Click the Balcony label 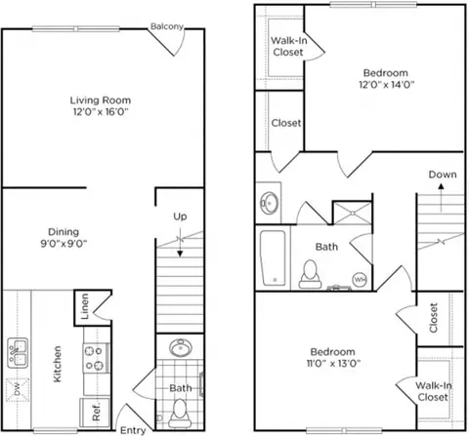point(167,26)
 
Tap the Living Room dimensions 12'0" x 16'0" point(101,112)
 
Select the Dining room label point(64,232)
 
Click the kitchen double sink point(18,353)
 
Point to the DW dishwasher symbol point(18,389)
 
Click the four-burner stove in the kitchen point(96,358)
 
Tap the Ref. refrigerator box point(95,413)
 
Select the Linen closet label point(85,306)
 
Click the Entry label point(133,430)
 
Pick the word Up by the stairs point(180,217)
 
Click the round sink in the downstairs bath point(181,347)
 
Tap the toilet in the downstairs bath point(180,414)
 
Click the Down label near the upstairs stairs point(443,175)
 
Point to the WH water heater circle point(360,279)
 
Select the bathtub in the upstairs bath point(273,258)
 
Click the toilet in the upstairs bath point(310,274)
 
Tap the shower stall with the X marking point(353,213)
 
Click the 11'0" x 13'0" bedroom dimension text point(333,363)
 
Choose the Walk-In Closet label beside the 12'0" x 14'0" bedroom point(288,46)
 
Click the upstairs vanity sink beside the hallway point(269,203)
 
